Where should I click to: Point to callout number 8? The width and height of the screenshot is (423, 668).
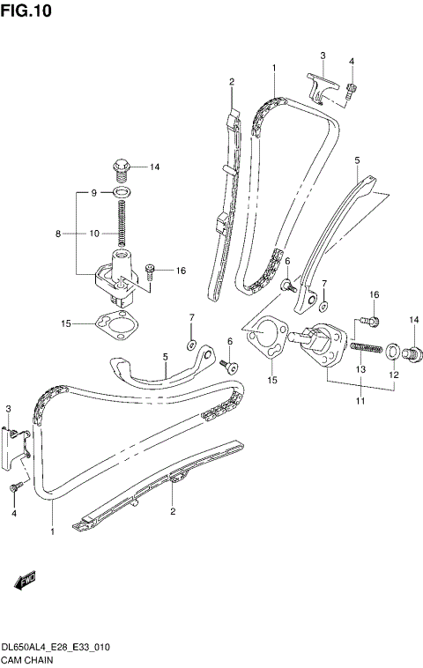pyautogui.click(x=59, y=234)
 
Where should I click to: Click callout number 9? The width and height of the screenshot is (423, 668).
pyautogui.click(x=93, y=191)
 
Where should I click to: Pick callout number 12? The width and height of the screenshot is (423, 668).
pyautogui.click(x=394, y=375)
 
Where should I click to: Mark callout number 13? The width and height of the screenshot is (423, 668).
pyautogui.click(x=360, y=370)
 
